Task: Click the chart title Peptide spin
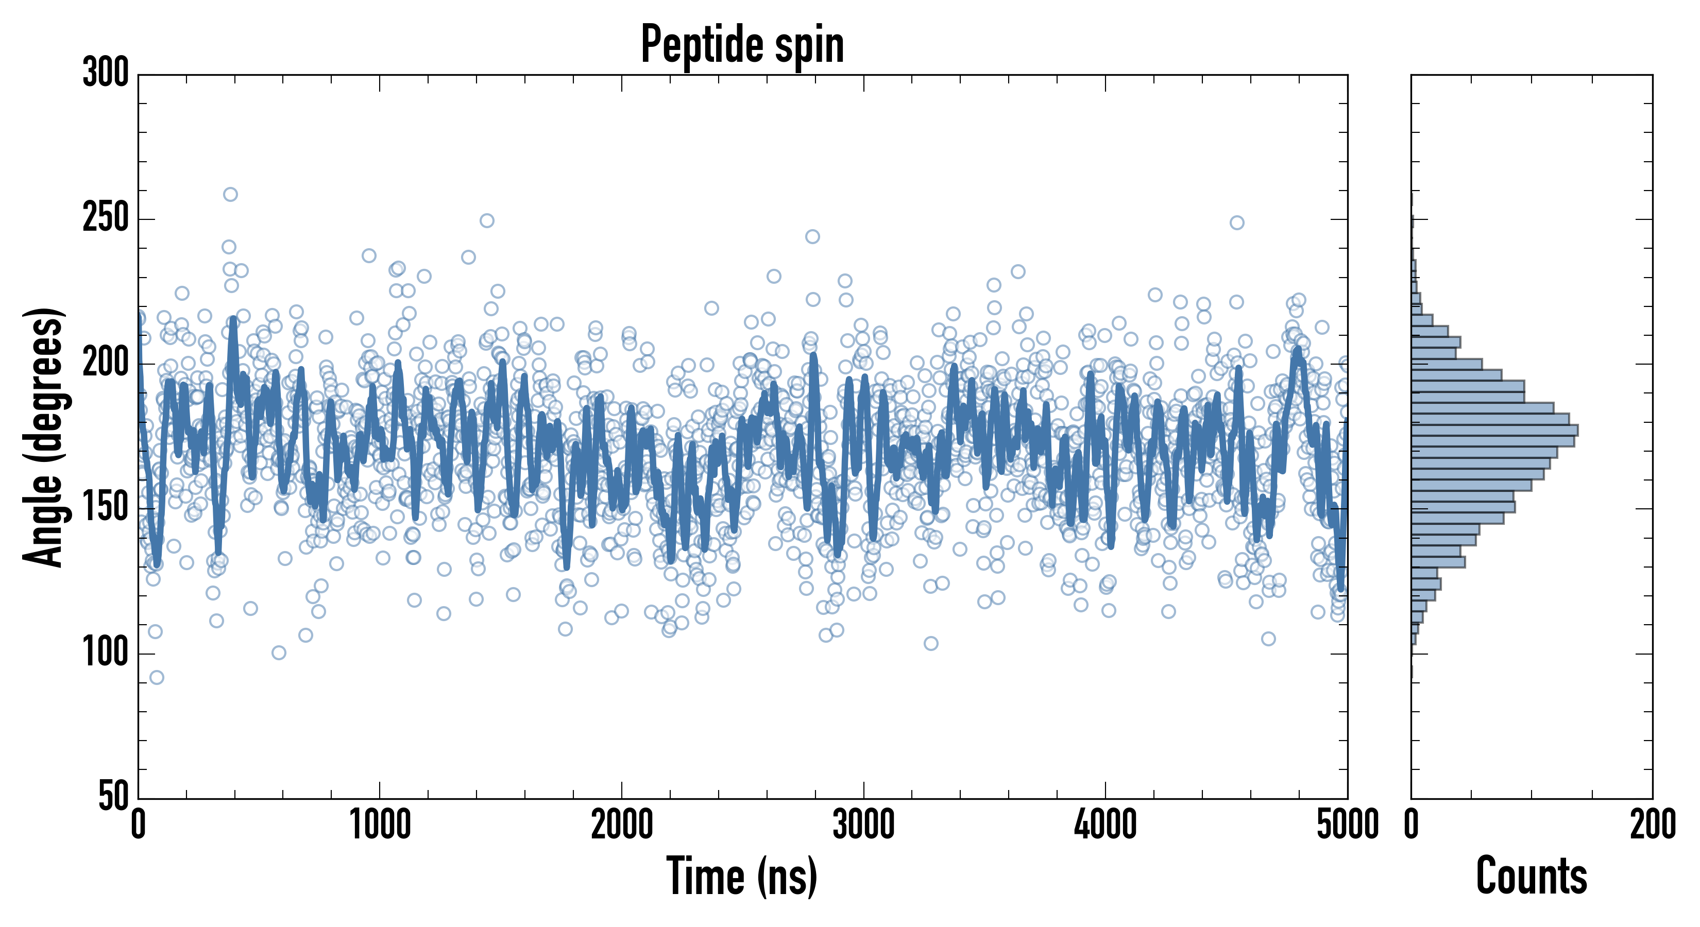tap(742, 45)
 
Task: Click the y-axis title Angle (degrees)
tap(44, 437)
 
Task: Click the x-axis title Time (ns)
tap(742, 875)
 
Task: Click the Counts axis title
tap(1531, 875)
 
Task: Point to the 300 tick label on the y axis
tap(106, 73)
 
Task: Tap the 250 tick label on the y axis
tap(106, 218)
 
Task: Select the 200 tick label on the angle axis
tap(106, 364)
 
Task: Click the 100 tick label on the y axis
tap(106, 653)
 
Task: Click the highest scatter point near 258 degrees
tap(230, 194)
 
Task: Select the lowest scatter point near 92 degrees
tap(157, 677)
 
